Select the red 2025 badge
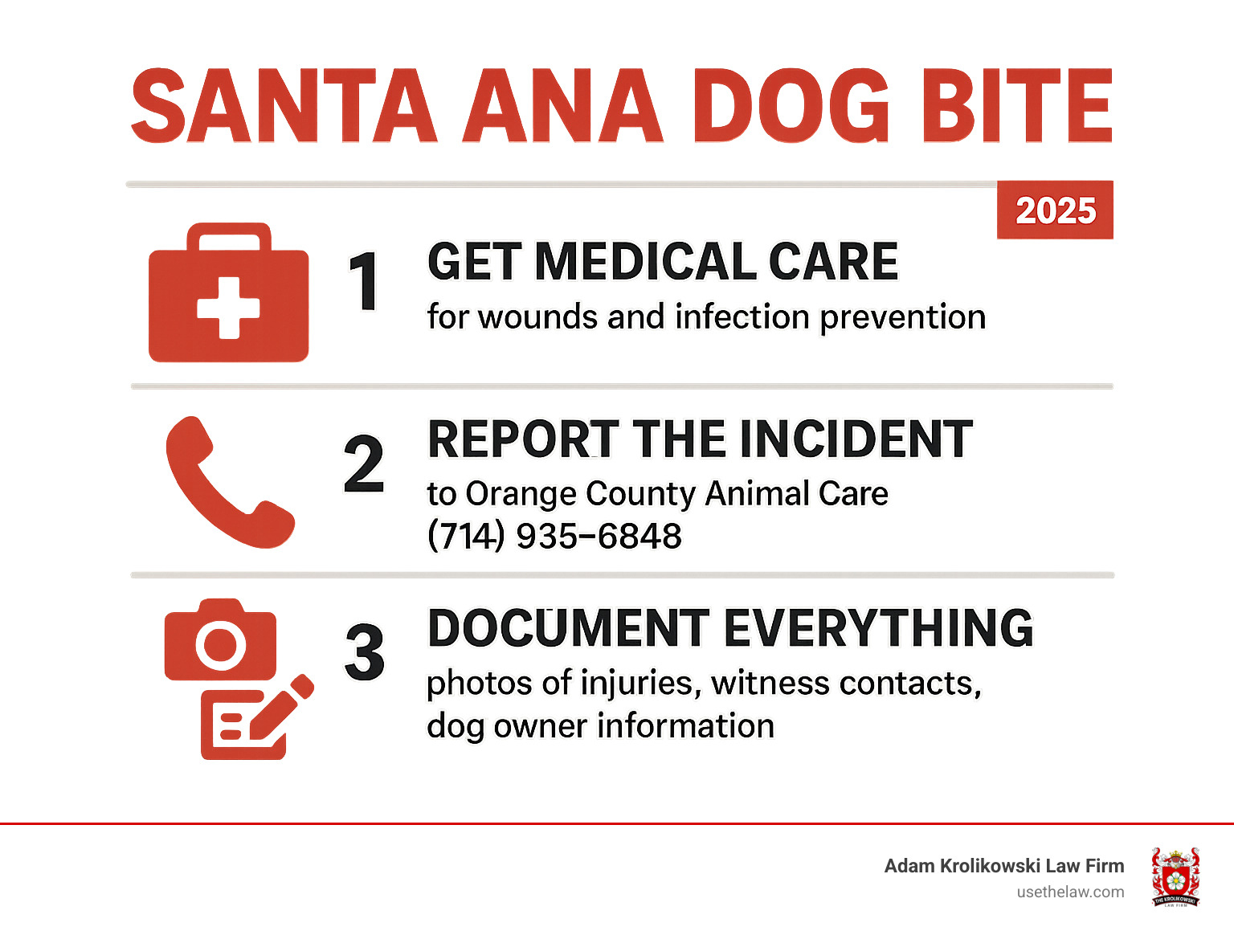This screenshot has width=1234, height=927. pyautogui.click(x=1055, y=210)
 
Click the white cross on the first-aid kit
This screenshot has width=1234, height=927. pyautogui.click(x=228, y=308)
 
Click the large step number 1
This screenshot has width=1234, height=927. pyautogui.click(x=364, y=281)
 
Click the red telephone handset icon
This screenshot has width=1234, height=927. pyautogui.click(x=227, y=482)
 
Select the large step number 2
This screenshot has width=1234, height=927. pyautogui.click(x=364, y=464)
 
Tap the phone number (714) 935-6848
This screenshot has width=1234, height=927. pyautogui.click(x=554, y=536)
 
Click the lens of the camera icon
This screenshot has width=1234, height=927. pyautogui.click(x=220, y=644)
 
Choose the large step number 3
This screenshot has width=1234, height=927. pyautogui.click(x=364, y=652)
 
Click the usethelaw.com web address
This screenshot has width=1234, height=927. pyautogui.click(x=1070, y=892)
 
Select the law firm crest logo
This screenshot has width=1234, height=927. pyautogui.click(x=1175, y=876)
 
